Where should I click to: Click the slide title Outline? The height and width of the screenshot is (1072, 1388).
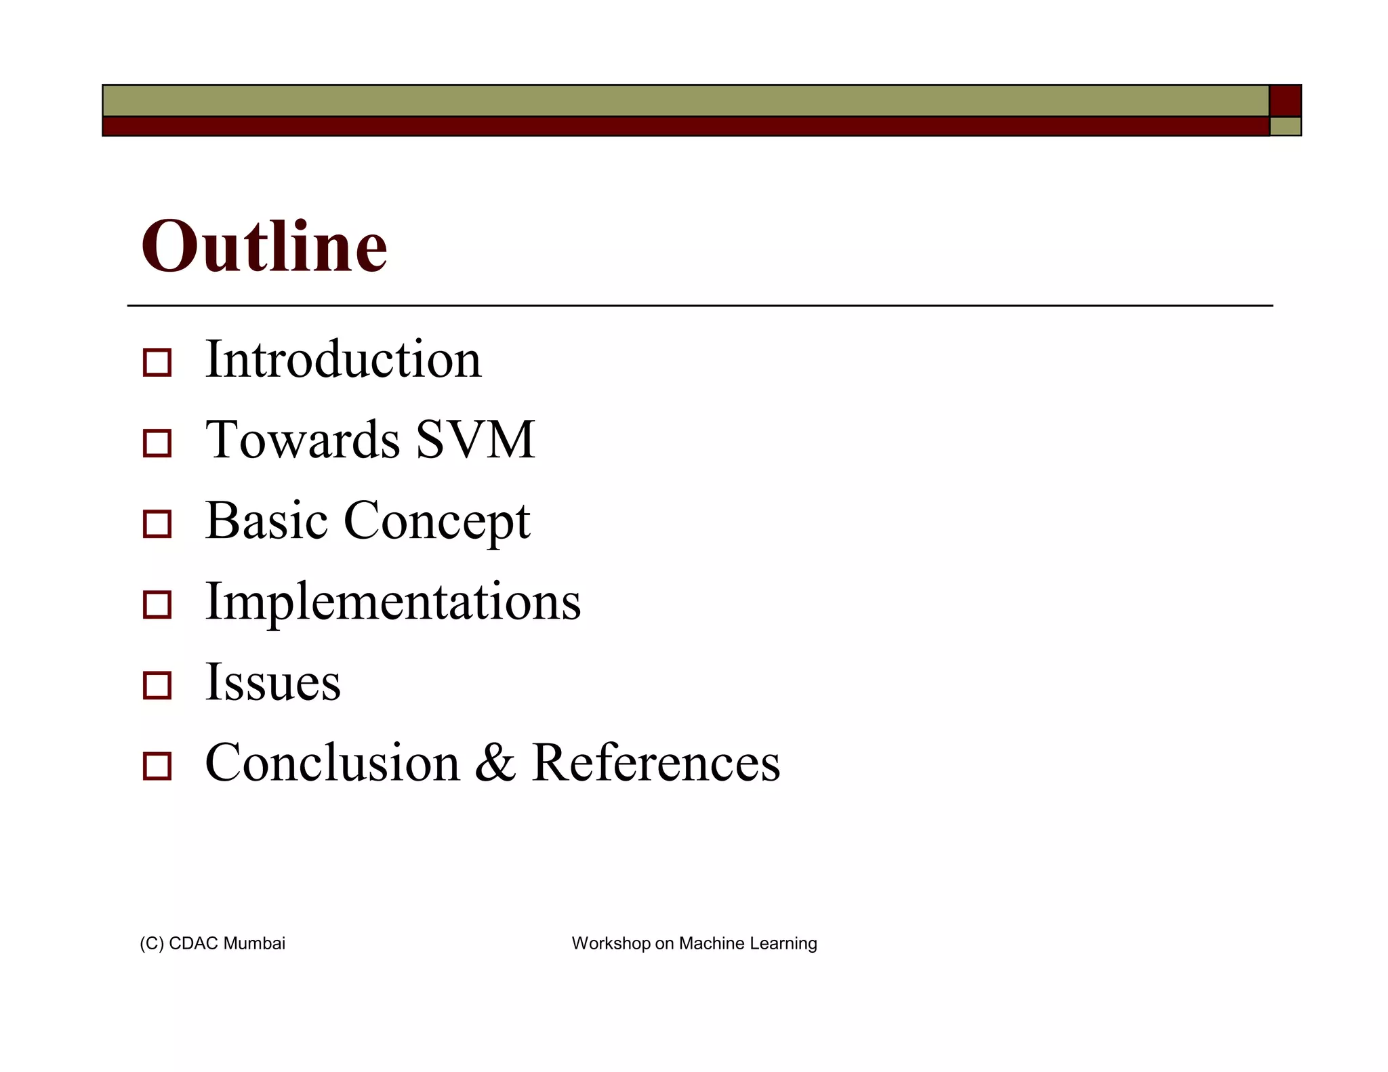(264, 247)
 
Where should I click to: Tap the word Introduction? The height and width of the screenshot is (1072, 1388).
(343, 359)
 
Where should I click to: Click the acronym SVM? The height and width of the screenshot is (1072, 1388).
(475, 440)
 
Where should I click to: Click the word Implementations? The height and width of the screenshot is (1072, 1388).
(392, 602)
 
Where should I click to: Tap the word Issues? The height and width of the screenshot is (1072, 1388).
(272, 682)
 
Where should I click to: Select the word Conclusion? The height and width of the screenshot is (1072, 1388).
(332, 763)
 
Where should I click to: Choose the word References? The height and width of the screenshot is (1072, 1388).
(655, 763)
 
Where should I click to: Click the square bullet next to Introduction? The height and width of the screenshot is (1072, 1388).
(157, 363)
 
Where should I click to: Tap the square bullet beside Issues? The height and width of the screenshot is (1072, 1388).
(157, 685)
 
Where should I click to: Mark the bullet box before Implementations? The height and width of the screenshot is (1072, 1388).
(157, 604)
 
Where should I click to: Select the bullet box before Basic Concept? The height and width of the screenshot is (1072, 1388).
(157, 524)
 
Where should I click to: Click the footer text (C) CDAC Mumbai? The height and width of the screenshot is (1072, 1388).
(212, 943)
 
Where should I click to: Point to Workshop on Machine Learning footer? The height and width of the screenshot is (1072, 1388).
(694, 943)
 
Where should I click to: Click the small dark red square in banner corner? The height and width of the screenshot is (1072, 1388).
(1285, 101)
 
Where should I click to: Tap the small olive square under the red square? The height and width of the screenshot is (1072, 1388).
(1285, 127)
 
